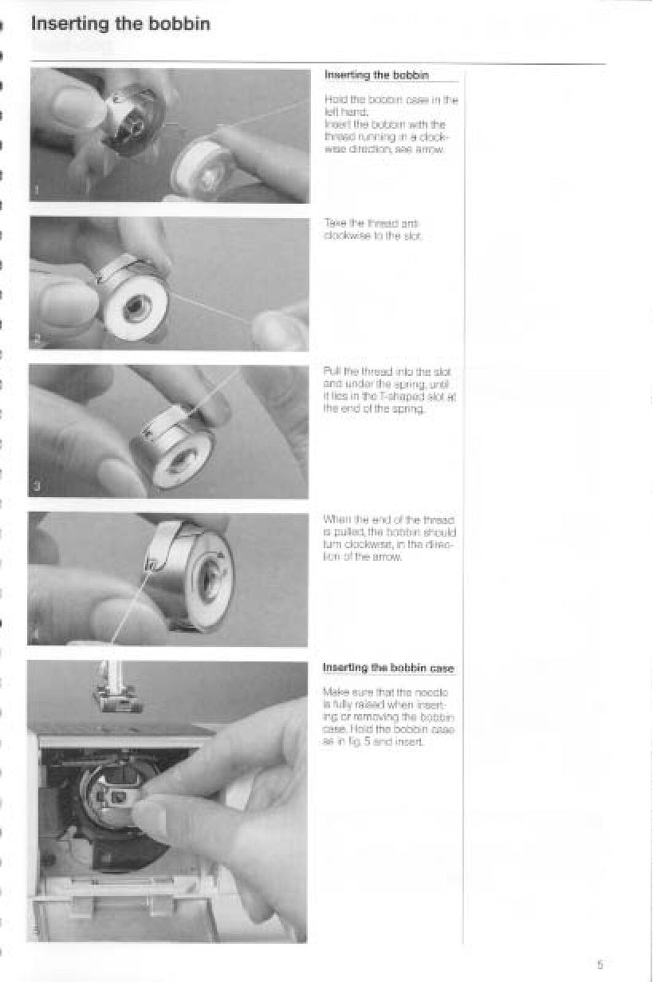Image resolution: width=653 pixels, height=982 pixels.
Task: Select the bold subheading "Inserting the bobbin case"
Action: (x=388, y=668)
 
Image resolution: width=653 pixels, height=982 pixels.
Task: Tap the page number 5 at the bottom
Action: (x=600, y=964)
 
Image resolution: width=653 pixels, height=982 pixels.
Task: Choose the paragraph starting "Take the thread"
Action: (x=373, y=230)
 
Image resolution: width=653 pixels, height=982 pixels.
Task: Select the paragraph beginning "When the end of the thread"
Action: (x=390, y=538)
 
